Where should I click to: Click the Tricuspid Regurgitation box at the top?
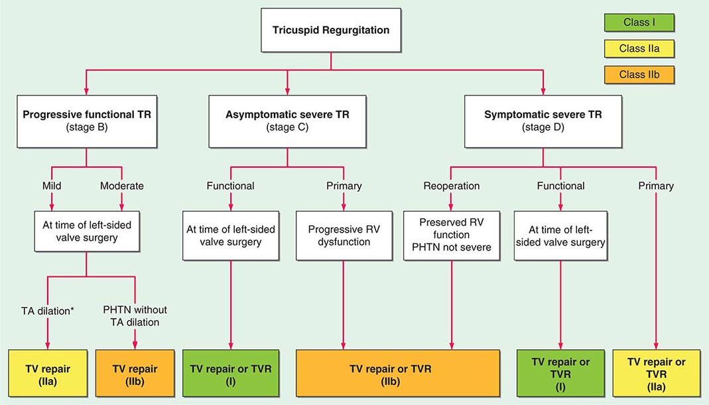(331, 30)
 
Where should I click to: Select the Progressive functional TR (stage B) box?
(87, 120)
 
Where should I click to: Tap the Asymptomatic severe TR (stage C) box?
(287, 120)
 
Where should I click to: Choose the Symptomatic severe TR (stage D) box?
(543, 120)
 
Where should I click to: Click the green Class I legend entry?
(637, 23)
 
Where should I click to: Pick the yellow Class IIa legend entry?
(637, 48)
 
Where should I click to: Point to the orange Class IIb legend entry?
(637, 74)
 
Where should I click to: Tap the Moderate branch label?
(122, 186)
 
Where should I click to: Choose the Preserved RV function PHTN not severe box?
(450, 236)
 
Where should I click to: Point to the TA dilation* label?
(48, 310)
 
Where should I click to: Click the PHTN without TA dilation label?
(135, 315)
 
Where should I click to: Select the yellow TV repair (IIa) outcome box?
(48, 375)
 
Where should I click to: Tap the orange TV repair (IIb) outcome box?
(135, 375)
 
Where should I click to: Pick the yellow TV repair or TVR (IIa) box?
(657, 375)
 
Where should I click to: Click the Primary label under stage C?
(344, 186)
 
